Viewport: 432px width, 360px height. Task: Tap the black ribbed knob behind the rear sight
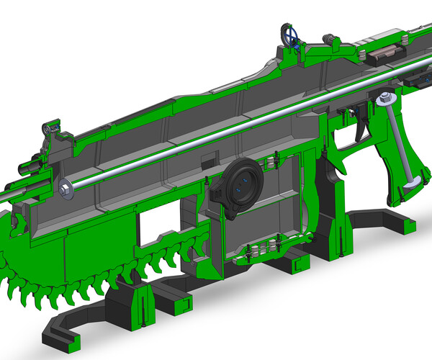(329, 39)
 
